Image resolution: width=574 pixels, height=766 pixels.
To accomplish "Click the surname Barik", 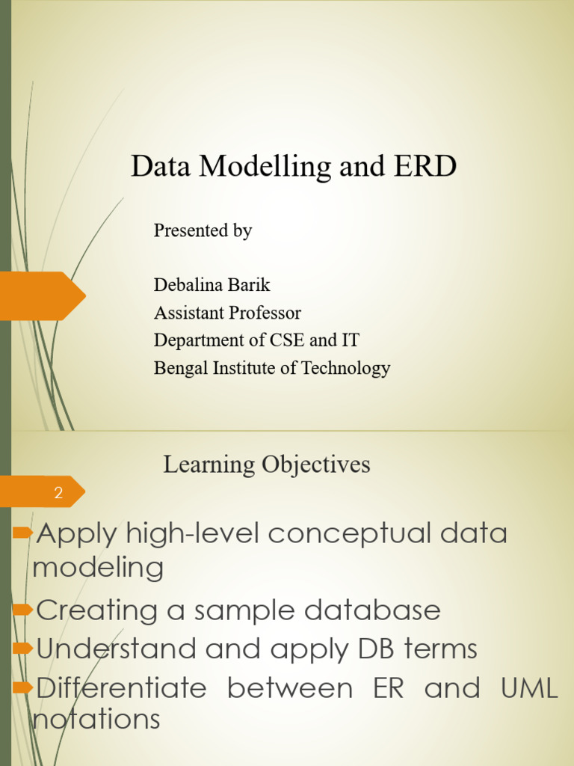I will (253, 285).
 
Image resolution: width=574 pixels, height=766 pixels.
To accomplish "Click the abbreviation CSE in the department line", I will (288, 340).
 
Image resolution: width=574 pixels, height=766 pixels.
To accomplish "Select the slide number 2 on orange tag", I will (58, 493).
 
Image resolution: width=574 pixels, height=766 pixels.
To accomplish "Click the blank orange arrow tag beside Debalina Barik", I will (41, 296).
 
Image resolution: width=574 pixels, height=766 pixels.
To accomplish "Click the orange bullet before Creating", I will (23, 610).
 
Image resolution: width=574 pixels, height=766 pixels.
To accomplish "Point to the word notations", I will (97, 720).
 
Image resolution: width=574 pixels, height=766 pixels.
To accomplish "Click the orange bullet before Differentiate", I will (23, 687).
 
